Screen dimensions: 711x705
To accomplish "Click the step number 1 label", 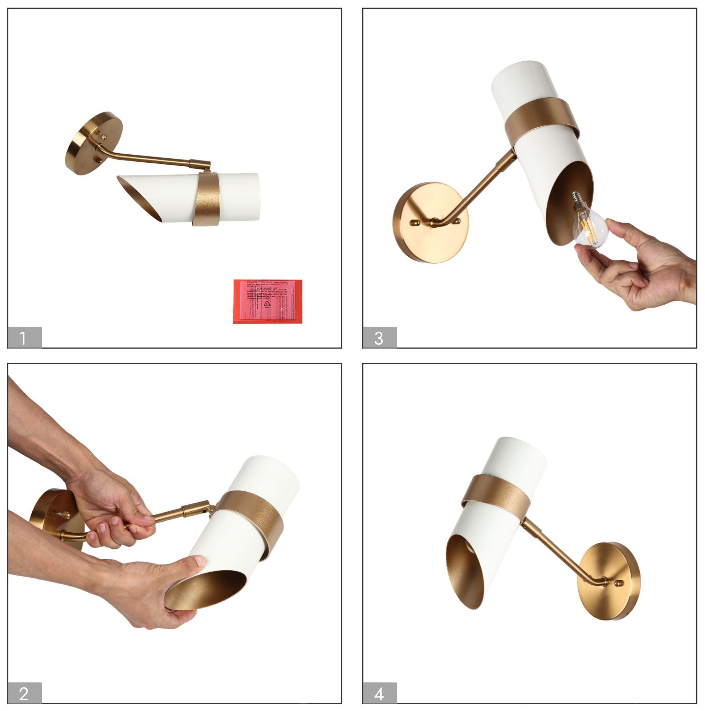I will tap(24, 337).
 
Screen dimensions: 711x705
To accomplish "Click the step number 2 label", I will tap(24, 693).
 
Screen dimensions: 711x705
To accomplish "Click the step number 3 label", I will tap(379, 337).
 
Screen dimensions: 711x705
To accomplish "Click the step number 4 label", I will tap(379, 693).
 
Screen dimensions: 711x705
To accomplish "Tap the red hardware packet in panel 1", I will tap(268, 301).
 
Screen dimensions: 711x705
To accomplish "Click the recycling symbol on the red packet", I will tap(267, 304).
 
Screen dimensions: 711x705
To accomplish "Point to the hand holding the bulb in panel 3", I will tap(648, 269).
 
